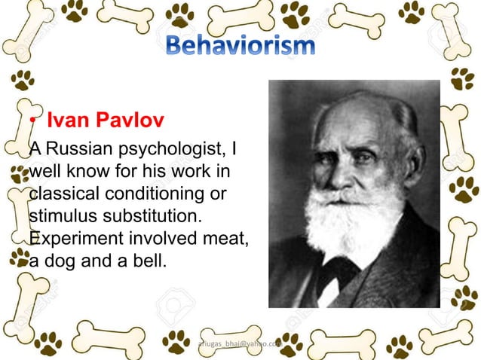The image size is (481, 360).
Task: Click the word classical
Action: coord(57,194)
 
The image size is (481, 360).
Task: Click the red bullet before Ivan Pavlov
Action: coord(33,122)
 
